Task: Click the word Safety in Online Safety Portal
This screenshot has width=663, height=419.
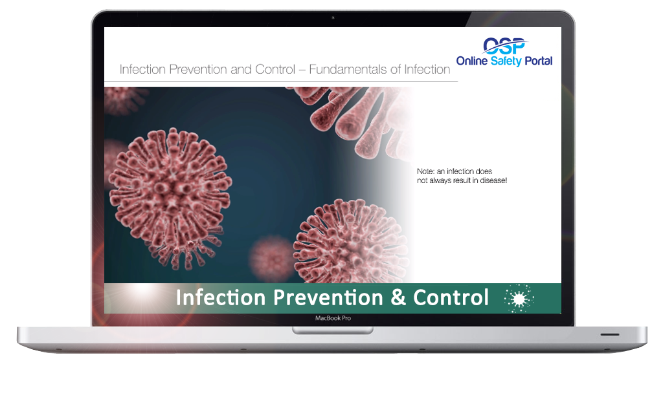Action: coord(506,61)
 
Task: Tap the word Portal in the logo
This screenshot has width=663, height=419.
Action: coord(538,61)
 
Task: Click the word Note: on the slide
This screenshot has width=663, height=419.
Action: coord(425,171)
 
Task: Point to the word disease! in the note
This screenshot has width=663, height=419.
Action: coord(493,180)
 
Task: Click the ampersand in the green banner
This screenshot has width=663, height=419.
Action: coord(398,297)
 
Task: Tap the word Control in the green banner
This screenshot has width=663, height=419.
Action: coord(451,297)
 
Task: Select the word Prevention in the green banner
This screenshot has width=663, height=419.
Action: coord(328,297)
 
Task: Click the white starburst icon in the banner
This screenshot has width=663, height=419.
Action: coord(519,299)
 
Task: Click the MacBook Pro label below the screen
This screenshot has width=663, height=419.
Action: coord(333,318)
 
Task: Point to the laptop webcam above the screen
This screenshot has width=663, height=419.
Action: coord(333,17)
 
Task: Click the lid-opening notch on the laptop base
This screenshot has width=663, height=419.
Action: coord(333,330)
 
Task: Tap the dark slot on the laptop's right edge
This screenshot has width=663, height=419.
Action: coord(610,334)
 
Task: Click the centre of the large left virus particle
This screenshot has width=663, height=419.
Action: coord(170,198)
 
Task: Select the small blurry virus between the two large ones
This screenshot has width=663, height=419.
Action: coord(271,259)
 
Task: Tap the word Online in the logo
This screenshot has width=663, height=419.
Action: coord(472,61)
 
